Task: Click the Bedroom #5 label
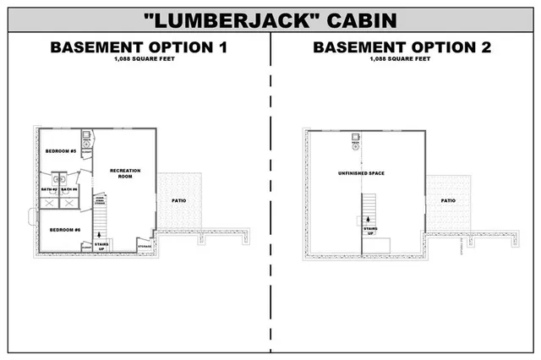pyautogui.click(x=61, y=150)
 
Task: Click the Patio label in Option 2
pyautogui.click(x=448, y=201)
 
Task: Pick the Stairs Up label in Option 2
pyautogui.click(x=370, y=231)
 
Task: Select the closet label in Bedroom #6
pyautogui.click(x=85, y=247)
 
